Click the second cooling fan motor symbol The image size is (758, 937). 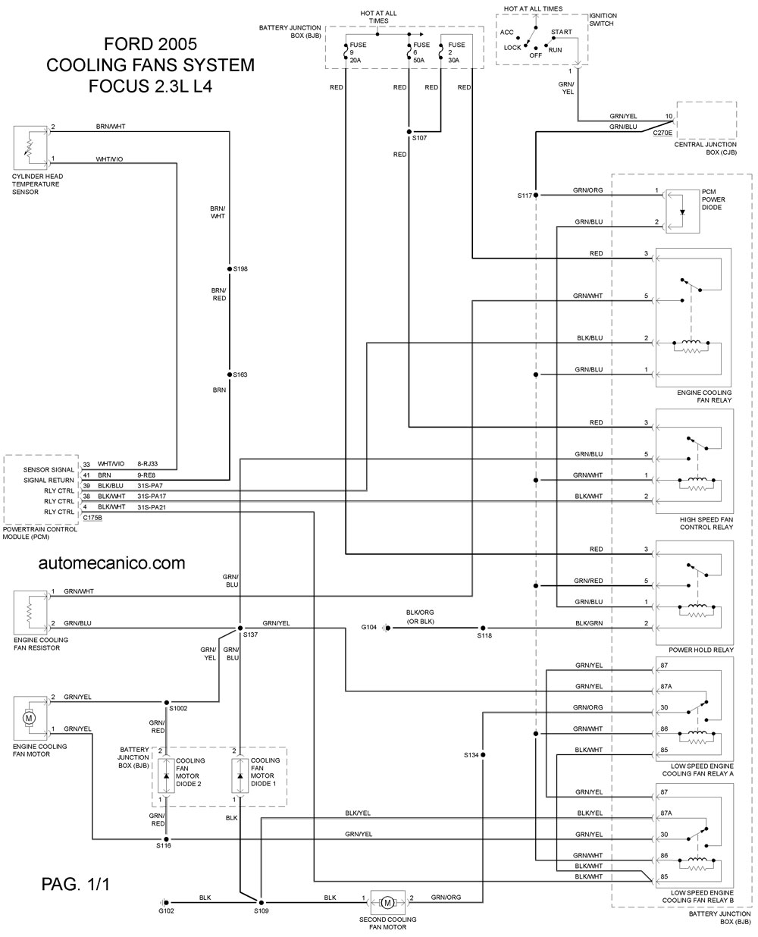[387, 902]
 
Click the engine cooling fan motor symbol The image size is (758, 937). [30, 718]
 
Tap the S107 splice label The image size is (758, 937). [419, 138]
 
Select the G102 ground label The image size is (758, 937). [166, 910]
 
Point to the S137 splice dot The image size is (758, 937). [240, 628]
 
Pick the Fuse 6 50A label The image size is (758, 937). [421, 52]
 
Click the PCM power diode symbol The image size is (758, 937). [682, 212]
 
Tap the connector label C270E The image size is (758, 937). [662, 133]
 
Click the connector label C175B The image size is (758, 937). [92, 518]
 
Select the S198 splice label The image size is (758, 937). [240, 269]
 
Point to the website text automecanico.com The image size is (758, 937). [111, 563]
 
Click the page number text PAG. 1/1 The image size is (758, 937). [75, 884]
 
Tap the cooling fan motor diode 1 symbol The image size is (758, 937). [240, 776]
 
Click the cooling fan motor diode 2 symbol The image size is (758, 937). [166, 776]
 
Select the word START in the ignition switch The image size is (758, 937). [562, 32]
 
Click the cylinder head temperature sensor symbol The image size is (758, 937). [30, 148]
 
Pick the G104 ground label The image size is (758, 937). [368, 627]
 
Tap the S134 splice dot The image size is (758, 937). [483, 754]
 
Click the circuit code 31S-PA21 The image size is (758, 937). [152, 506]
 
